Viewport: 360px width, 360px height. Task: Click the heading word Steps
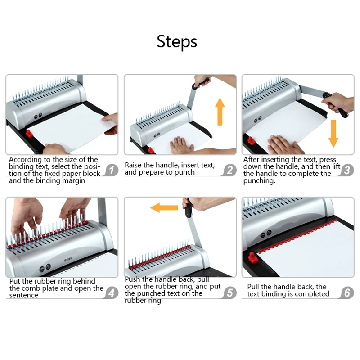[177, 41]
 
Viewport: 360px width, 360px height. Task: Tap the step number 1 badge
[112, 171]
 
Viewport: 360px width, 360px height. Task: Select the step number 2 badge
[229, 171]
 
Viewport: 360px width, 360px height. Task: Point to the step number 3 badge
[347, 171]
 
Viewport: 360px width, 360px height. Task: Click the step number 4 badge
[112, 293]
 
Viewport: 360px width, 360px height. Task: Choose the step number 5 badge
[229, 293]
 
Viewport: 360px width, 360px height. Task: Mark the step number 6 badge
[347, 293]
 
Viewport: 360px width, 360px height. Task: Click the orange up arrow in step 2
[220, 112]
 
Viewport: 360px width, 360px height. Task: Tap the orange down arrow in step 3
[333, 134]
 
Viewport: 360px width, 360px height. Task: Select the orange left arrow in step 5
[164, 208]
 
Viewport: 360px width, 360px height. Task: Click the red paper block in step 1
[28, 134]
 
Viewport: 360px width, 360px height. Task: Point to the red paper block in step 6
[252, 258]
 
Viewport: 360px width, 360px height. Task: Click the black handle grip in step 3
[335, 105]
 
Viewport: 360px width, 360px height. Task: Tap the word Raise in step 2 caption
[133, 165]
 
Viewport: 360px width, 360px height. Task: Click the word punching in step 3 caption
[259, 181]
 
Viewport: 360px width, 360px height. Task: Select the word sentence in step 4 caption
[24, 295]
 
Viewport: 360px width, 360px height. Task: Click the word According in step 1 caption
[25, 160]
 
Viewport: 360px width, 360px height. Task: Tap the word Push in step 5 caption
[132, 279]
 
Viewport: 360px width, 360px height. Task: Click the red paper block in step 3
[252, 141]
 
